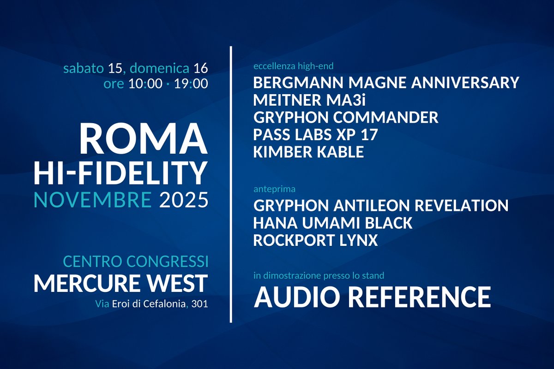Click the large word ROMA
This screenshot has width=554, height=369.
pos(143,139)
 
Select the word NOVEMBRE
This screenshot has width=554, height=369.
pos(92,201)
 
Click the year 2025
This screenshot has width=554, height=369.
pos(183,201)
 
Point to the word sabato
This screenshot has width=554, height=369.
pos(84,69)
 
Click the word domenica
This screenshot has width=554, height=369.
pos(159,69)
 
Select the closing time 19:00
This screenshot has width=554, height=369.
pos(191,84)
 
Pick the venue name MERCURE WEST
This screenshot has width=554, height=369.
pos(120,283)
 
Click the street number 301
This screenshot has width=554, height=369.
pos(200,304)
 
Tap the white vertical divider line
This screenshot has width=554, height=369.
pos(230,184)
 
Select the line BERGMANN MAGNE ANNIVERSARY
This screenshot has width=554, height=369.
pos(386,83)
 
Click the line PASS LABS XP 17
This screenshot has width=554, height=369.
pos(316,135)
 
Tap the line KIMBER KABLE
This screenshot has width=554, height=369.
pos(308,152)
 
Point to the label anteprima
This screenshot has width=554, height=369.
pos(274,189)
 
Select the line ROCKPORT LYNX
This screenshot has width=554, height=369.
pos(316,240)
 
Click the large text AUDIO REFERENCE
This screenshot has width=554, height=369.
pos(372,296)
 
